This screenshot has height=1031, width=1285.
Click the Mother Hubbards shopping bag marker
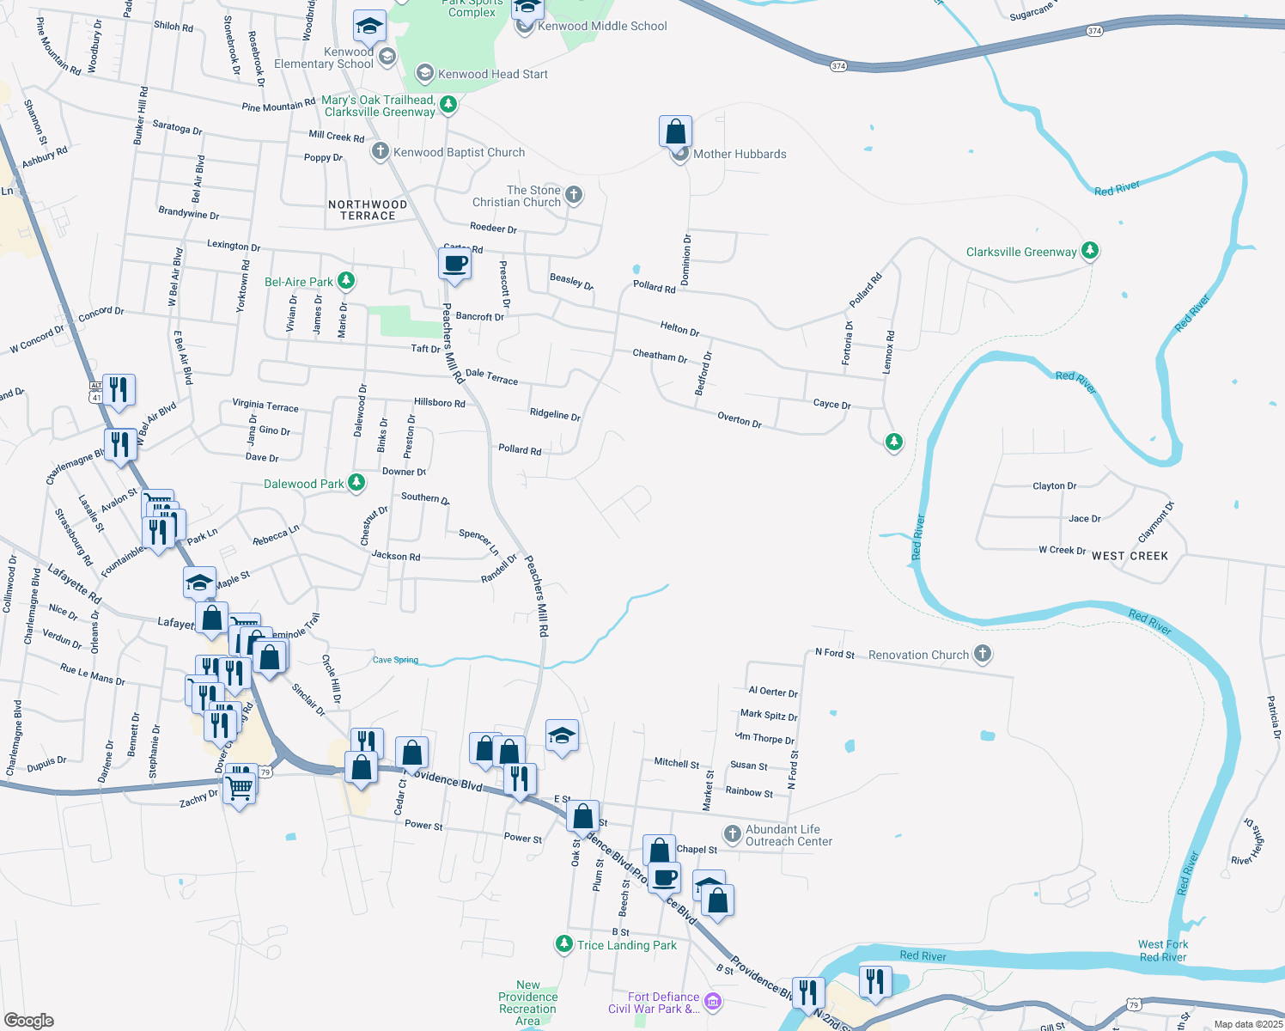pyautogui.click(x=676, y=132)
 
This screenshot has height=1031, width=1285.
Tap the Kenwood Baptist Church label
pyautogui.click(x=459, y=152)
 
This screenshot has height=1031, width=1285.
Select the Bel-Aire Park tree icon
pyautogui.click(x=346, y=281)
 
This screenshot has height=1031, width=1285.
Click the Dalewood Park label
pyautogui.click(x=303, y=484)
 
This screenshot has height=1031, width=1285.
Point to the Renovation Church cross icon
pyautogui.click(x=983, y=654)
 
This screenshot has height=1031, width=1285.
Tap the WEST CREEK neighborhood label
pyautogui.click(x=1130, y=556)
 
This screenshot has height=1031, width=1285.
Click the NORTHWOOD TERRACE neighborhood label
pyautogui.click(x=368, y=210)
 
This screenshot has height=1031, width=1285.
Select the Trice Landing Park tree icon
pyautogui.click(x=563, y=944)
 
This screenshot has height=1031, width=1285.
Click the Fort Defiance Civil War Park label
pyautogui.click(x=655, y=1003)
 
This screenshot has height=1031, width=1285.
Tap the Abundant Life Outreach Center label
pyautogui.click(x=788, y=835)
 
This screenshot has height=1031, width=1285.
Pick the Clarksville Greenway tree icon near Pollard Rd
pyautogui.click(x=1090, y=251)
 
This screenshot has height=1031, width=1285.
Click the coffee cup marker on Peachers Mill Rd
pyautogui.click(x=454, y=264)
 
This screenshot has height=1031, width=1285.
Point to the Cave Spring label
pyautogui.click(x=395, y=660)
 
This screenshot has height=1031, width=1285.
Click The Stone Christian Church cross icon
pyautogui.click(x=574, y=195)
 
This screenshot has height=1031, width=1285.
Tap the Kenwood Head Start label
pyautogui.click(x=492, y=74)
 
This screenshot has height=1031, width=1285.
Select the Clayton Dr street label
pyautogui.click(x=1054, y=485)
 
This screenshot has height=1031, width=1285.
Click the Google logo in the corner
pyautogui.click(x=27, y=1020)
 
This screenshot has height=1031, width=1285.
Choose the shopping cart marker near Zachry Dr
pyautogui.click(x=240, y=786)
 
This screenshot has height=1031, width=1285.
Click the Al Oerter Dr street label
pyautogui.click(x=773, y=692)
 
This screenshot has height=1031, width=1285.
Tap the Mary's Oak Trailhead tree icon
pyautogui.click(x=448, y=105)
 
